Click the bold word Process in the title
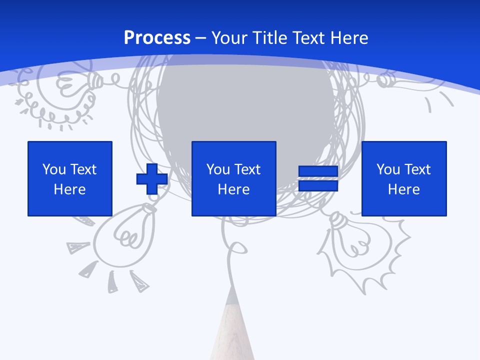pyautogui.click(x=157, y=38)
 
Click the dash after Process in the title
pyautogui.click(x=201, y=38)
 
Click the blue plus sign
pyautogui.click(x=152, y=179)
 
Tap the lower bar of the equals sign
pyautogui.click(x=318, y=186)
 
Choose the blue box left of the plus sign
pyautogui.click(x=70, y=178)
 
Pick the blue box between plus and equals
pyautogui.click(x=233, y=178)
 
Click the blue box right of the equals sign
pyautogui.click(x=404, y=178)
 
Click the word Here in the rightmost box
pyautogui.click(x=404, y=189)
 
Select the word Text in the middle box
pyautogui.click(x=248, y=169)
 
